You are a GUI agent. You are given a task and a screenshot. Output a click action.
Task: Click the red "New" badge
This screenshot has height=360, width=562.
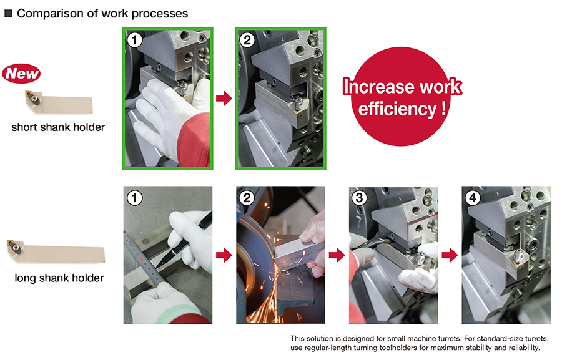click(x=21, y=74)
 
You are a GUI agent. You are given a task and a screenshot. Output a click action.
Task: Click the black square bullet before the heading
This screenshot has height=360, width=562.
click(x=8, y=14)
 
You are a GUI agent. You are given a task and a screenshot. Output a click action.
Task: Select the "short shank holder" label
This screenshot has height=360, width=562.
click(x=58, y=127)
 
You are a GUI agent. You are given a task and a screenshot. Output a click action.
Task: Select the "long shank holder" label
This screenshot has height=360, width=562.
click(x=59, y=278)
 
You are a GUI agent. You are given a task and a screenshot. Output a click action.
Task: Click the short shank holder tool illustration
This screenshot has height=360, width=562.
click(x=59, y=102)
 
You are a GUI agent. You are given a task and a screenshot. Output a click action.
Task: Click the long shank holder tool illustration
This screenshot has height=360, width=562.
click(x=56, y=252)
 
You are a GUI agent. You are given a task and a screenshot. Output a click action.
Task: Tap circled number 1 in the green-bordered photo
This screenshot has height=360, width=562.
click(x=134, y=40)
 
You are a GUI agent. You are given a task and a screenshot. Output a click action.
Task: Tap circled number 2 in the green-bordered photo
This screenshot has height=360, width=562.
click(x=247, y=40)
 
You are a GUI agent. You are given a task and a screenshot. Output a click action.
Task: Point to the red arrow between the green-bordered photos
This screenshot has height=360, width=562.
click(x=224, y=98)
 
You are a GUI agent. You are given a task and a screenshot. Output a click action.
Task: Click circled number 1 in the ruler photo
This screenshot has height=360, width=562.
click(x=134, y=198)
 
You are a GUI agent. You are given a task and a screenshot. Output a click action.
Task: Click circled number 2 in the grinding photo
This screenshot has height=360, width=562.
click(x=247, y=198)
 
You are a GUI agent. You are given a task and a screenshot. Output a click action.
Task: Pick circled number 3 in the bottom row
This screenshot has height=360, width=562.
click(x=360, y=198)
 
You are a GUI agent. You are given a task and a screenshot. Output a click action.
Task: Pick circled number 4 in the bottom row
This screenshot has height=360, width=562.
click(x=473, y=198)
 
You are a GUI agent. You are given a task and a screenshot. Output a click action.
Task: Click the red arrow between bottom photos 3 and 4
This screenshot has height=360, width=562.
click(x=450, y=255)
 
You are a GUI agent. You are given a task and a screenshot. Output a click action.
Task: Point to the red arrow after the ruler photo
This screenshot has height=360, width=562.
click(x=224, y=255)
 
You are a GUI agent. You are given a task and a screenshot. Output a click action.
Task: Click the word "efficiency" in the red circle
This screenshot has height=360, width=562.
click(x=397, y=109)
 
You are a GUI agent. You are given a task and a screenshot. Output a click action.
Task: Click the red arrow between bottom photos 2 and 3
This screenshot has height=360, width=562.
click(x=337, y=255)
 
